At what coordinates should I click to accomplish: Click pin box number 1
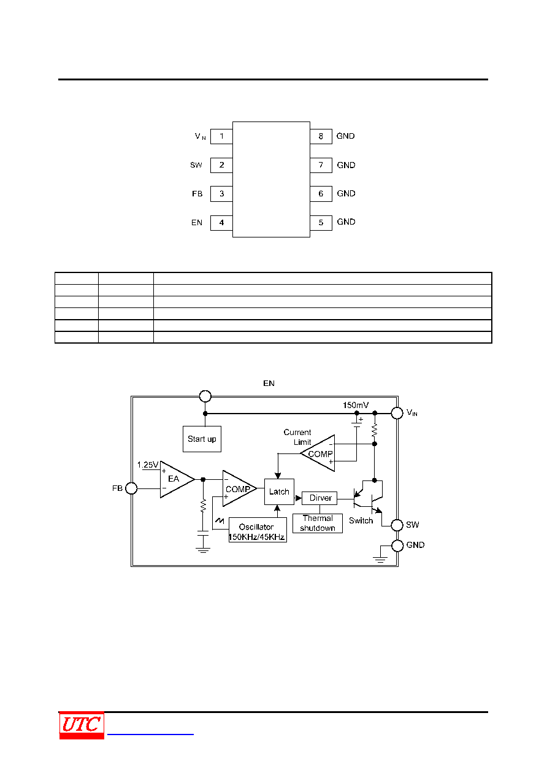(x=221, y=136)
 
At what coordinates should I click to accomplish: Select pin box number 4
(x=221, y=223)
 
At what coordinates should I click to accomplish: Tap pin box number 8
(x=321, y=136)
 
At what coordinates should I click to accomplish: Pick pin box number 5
(x=321, y=223)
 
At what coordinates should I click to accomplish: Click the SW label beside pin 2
(x=196, y=165)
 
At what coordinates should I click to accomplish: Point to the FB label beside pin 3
(x=197, y=194)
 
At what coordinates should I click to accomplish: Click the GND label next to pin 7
(x=346, y=165)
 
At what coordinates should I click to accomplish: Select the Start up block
(x=202, y=439)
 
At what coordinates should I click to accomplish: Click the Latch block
(x=279, y=492)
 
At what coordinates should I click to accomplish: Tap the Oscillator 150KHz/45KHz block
(x=258, y=530)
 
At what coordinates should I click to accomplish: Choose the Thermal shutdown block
(x=318, y=523)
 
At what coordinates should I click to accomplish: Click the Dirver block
(x=319, y=498)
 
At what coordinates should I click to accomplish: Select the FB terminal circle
(x=131, y=488)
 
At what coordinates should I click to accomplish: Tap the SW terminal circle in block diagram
(x=397, y=525)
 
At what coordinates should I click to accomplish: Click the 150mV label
(x=356, y=405)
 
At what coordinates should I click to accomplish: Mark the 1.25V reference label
(x=148, y=465)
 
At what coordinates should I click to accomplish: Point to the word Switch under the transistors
(x=361, y=521)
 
